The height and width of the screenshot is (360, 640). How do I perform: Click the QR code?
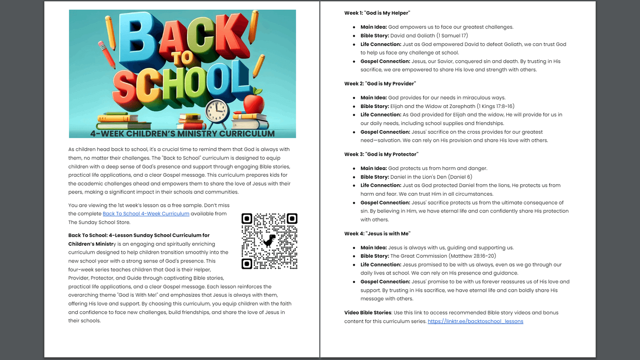(x=269, y=241)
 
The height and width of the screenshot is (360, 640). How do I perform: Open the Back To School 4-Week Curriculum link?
(x=146, y=213)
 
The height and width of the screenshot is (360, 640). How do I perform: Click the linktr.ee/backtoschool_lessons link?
(x=475, y=321)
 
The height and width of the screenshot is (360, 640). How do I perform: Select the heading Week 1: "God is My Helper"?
(x=377, y=13)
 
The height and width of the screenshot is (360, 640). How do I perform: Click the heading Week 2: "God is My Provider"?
(x=380, y=84)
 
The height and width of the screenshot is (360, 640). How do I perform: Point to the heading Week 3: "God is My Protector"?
(x=381, y=154)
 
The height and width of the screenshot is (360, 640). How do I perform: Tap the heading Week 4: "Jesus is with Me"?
(x=377, y=233)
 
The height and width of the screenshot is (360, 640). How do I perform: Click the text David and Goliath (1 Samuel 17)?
(x=429, y=35)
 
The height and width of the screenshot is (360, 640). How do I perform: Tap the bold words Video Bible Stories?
(x=368, y=313)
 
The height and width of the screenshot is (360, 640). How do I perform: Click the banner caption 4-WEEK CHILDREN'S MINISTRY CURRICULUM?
(x=182, y=133)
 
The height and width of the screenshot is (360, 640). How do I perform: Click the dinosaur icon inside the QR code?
(x=269, y=241)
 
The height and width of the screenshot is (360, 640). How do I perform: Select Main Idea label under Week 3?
(x=373, y=168)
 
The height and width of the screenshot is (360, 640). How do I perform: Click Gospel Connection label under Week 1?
(x=385, y=61)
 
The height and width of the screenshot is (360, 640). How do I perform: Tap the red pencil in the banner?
(x=106, y=54)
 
